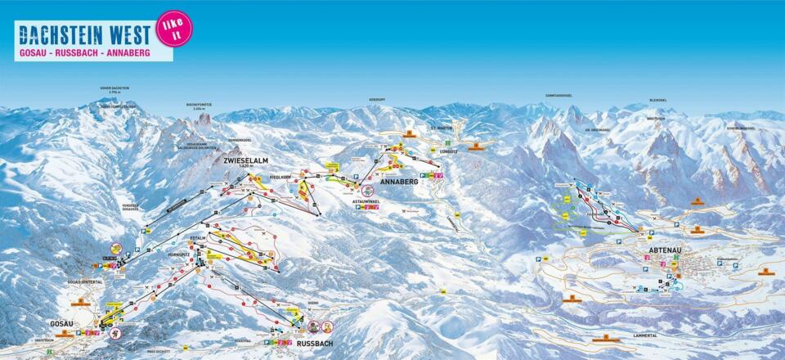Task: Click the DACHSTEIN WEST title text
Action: (x=84, y=34)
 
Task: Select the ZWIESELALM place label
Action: (x=245, y=161)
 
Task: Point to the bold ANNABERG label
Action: (x=399, y=182)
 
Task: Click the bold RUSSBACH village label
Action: (x=316, y=344)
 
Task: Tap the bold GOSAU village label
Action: (x=61, y=323)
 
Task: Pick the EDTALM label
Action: (x=198, y=237)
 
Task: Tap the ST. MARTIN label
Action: (x=440, y=129)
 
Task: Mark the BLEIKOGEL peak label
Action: (x=657, y=101)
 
